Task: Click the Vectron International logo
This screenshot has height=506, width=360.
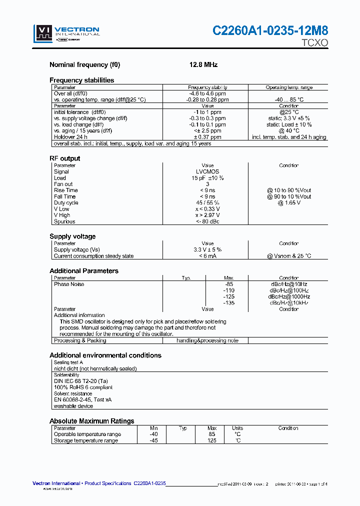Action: pyautogui.click(x=66, y=33)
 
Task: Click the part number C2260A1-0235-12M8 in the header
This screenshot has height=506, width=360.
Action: pyautogui.click(x=270, y=31)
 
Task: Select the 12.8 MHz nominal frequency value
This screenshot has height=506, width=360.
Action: pyautogui.click(x=203, y=65)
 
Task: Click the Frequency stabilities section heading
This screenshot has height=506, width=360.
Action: pyautogui.click(x=81, y=80)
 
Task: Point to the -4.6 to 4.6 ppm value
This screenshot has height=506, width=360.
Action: pyautogui.click(x=207, y=93)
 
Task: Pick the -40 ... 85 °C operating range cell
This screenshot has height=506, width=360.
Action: pyautogui.click(x=289, y=99)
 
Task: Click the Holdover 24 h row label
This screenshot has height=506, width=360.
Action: pyautogui.click(x=70, y=137)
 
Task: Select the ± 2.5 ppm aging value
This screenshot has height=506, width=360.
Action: pyautogui.click(x=207, y=131)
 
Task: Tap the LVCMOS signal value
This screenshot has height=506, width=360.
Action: pyautogui.click(x=207, y=171)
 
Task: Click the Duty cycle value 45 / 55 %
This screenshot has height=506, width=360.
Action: pyautogui.click(x=207, y=203)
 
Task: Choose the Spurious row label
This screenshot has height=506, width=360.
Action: pyautogui.click(x=64, y=221)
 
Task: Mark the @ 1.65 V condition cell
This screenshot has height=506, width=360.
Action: pyautogui.click(x=289, y=203)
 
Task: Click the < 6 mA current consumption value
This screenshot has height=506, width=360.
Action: pyautogui.click(x=207, y=256)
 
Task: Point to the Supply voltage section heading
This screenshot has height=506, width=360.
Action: pyautogui.click(x=72, y=236)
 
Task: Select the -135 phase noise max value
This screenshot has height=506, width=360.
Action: pyautogui.click(x=228, y=303)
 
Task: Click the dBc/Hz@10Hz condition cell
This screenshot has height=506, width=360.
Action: pyautogui.click(x=289, y=284)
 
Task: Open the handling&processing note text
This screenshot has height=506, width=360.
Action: pyautogui.click(x=207, y=340)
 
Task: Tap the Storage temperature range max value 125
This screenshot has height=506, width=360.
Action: pyautogui.click(x=212, y=440)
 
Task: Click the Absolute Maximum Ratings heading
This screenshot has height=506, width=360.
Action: pyautogui.click(x=92, y=421)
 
